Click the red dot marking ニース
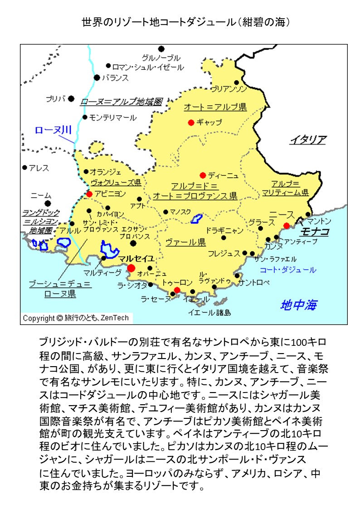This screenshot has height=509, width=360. click(287, 226)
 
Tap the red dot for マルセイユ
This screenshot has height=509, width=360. click(131, 268)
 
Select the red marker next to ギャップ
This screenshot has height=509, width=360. click(191, 122)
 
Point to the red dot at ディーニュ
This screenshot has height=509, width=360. click(203, 175)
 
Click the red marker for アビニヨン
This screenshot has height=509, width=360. click(89, 194)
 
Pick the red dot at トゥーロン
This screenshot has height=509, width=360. click(177, 290)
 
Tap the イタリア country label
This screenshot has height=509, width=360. click(308, 140)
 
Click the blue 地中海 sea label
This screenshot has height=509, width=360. click(299, 305)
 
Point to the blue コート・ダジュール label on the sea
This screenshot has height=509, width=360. click(287, 270)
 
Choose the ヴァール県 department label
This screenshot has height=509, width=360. click(186, 242)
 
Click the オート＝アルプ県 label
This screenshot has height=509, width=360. click(215, 107)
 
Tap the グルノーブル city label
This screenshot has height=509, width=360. click(161, 58)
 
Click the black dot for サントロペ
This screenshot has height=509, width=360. click(237, 276)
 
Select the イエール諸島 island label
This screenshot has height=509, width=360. click(209, 312)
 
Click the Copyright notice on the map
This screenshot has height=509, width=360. click(76, 318)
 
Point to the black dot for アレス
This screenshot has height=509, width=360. click(25, 168)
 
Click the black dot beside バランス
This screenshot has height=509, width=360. click(97, 78)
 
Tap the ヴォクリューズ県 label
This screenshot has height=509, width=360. click(116, 183)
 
